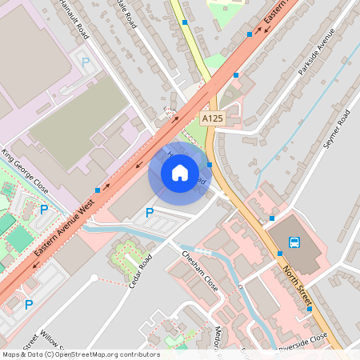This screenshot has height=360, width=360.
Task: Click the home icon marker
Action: point(179,172)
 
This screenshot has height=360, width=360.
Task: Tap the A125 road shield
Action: point(212,118)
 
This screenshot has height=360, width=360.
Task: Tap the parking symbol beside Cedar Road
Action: point(149,213)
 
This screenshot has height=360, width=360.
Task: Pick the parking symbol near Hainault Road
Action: point(86,61)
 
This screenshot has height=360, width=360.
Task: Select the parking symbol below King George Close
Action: point(44,210)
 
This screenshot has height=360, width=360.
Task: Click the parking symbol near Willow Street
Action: point(29,304)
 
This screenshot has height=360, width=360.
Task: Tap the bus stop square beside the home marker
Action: point(210,166)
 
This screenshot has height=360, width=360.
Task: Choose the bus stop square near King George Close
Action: point(98,190)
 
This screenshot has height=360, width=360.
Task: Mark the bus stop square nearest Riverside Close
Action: point(310,308)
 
